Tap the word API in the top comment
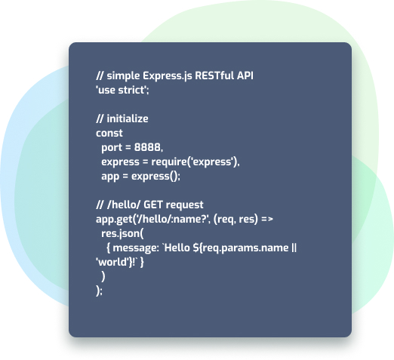245,75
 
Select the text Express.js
168,76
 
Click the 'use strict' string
122,90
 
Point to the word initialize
128,118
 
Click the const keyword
109,133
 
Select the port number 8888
147,147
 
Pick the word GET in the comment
153,205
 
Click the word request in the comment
185,205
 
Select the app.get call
114,220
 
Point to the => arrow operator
267,220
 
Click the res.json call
122,234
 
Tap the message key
134,248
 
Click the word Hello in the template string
177,248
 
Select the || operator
294,248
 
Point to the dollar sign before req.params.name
196,248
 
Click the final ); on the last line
99,291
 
